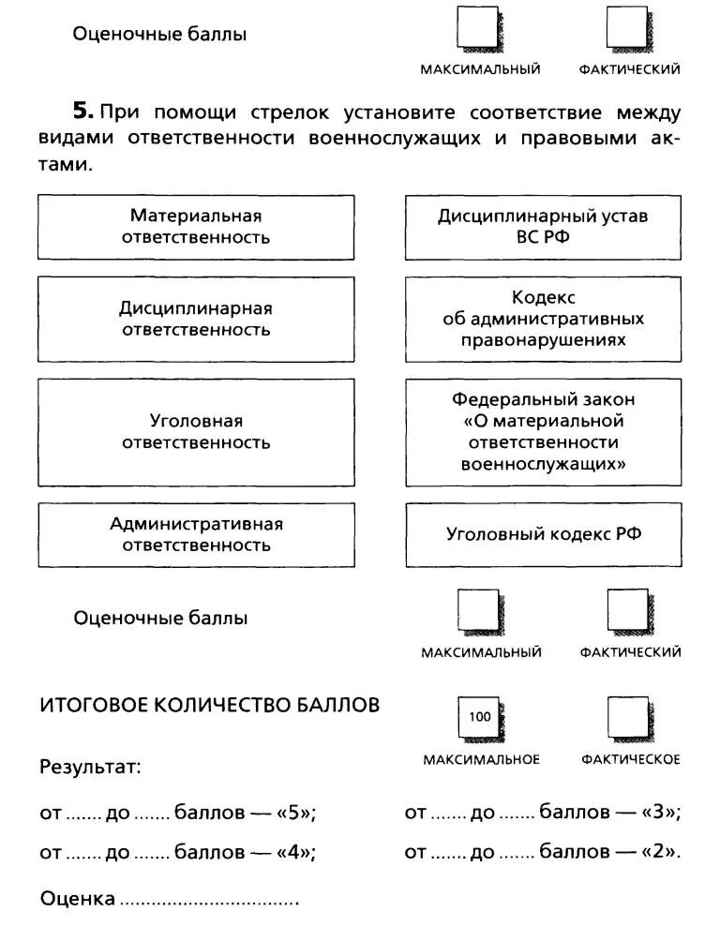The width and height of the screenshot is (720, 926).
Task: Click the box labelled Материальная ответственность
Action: pos(196,227)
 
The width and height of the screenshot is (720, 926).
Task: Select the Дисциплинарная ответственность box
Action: pos(196,319)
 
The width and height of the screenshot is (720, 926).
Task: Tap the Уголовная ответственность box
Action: pos(196,432)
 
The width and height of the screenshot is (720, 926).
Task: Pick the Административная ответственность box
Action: pos(196,534)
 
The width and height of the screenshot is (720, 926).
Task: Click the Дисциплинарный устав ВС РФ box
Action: pos(543,227)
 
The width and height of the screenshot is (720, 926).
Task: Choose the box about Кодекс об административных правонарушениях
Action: pos(543,319)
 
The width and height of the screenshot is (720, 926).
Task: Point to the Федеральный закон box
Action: pos(543,432)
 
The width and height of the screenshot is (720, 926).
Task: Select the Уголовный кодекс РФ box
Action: pos(543,534)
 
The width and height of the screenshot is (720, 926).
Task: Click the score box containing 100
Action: pos(478,718)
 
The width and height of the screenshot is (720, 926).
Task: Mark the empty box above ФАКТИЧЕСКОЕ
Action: pos(627,718)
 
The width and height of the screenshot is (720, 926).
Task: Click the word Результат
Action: pos(90,768)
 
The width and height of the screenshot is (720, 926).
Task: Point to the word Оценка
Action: pos(78,899)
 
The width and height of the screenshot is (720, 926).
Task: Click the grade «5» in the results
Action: pos(293,813)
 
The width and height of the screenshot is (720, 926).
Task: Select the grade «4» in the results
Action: pos(293,852)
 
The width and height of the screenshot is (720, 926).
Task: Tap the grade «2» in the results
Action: pos(659,852)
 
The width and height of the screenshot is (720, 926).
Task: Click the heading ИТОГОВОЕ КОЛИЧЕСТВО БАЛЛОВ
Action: pos(209,705)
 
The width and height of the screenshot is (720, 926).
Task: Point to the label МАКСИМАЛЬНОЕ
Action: pos(481,759)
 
